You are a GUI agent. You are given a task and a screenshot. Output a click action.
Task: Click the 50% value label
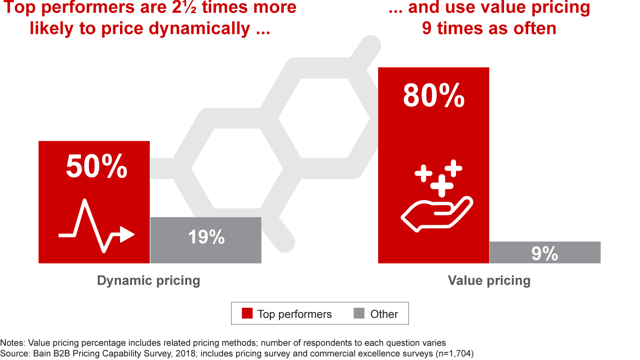97,167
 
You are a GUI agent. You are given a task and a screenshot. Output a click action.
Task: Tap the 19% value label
206,237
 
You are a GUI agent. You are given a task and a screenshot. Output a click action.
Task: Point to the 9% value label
544,254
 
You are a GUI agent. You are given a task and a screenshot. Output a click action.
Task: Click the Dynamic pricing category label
148,281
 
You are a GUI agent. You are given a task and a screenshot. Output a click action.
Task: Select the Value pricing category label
489,281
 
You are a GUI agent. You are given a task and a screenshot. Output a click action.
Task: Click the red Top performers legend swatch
247,314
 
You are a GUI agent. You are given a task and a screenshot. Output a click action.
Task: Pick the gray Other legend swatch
359,314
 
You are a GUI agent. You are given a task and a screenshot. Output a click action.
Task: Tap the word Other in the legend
384,314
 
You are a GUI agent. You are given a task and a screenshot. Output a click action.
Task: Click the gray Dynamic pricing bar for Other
206,240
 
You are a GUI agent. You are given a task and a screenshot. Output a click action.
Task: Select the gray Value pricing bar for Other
545,252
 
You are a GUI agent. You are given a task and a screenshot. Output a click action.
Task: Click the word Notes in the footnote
12,343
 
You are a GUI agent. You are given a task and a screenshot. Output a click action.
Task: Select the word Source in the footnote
13,353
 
